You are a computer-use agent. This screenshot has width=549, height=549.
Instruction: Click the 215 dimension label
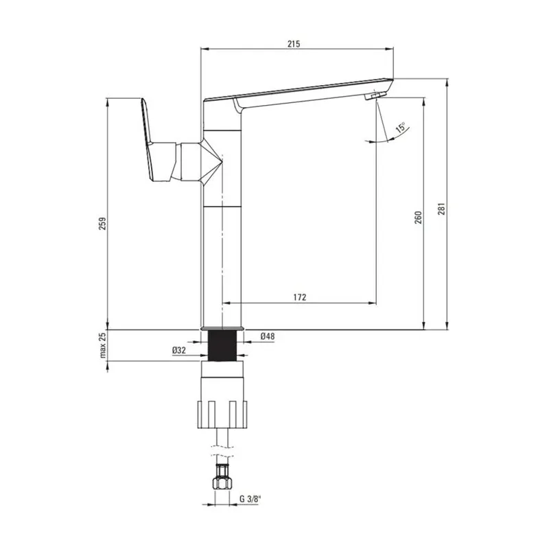coord(294,44)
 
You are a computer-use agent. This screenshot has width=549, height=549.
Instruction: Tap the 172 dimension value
coord(299,297)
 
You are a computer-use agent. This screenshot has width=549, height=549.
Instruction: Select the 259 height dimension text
coord(102,224)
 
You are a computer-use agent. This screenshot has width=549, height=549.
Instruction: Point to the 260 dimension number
coord(418,218)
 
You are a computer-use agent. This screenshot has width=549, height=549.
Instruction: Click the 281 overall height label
coord(441,209)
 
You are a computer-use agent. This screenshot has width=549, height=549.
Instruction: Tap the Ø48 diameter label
coord(268,336)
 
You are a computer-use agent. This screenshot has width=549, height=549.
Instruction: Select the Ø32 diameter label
coord(179,350)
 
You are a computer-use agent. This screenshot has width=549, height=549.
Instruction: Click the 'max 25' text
coord(102,345)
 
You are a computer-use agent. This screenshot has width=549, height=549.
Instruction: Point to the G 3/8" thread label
coord(250,499)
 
